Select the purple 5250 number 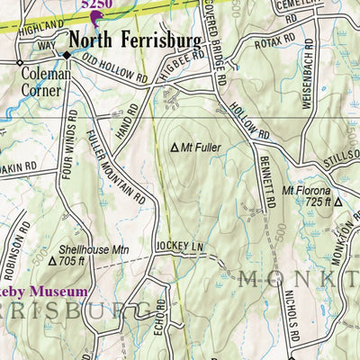tap(96, 4)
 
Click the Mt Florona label tap(307, 191)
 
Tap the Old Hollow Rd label tap(114, 71)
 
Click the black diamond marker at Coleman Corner tap(66, 54)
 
